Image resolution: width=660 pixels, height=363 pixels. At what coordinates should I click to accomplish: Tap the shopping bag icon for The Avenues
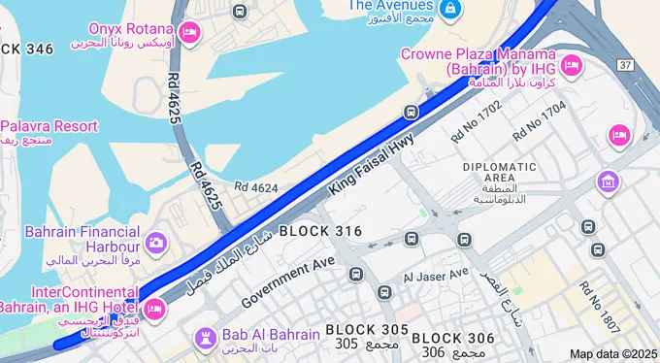coord(449,10)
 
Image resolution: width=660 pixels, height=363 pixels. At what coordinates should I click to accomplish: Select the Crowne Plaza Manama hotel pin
coord(572,64)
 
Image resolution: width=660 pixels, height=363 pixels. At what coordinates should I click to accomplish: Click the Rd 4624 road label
coord(256,186)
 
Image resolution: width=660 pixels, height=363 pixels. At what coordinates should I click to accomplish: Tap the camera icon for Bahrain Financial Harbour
coord(155,242)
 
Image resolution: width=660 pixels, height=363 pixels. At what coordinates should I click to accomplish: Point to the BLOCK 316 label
coord(320,231)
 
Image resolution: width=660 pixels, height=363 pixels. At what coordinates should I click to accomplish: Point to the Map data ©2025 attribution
coord(613,354)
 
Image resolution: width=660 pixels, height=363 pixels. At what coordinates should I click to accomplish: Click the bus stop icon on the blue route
coord(412,112)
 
